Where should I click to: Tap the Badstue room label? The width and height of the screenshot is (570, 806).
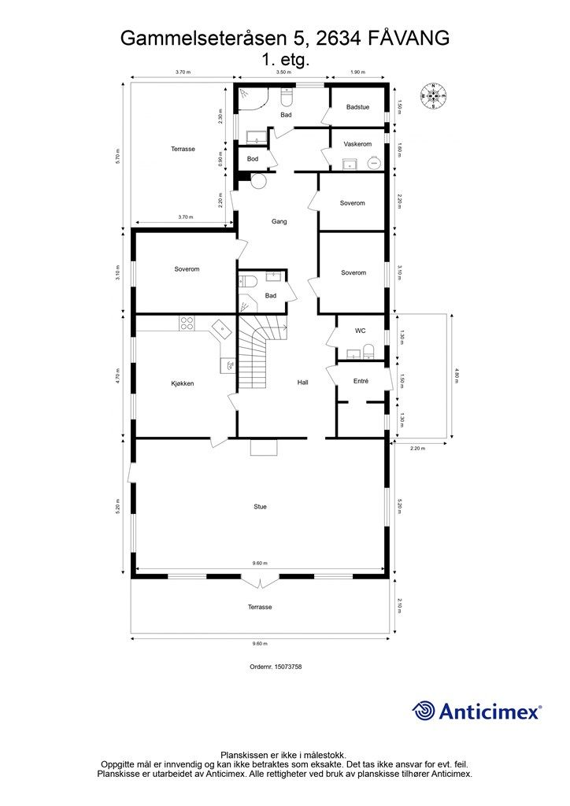358,108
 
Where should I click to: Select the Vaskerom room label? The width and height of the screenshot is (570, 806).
357,144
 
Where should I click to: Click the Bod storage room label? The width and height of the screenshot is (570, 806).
252,159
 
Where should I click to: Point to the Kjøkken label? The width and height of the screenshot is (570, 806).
183,383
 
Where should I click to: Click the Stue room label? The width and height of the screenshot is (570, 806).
260,507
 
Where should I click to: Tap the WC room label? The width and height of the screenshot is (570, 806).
360,331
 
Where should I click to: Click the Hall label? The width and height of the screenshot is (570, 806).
302,383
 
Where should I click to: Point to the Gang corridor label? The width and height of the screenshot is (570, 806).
279,222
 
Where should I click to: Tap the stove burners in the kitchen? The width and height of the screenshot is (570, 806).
187,321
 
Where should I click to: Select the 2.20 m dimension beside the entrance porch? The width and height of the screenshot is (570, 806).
417,449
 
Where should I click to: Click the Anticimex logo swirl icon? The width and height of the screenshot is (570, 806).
424,712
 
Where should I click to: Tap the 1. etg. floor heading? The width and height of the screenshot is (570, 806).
284,59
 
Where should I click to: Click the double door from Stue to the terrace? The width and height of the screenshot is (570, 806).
260,582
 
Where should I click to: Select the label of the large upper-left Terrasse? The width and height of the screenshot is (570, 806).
183,149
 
